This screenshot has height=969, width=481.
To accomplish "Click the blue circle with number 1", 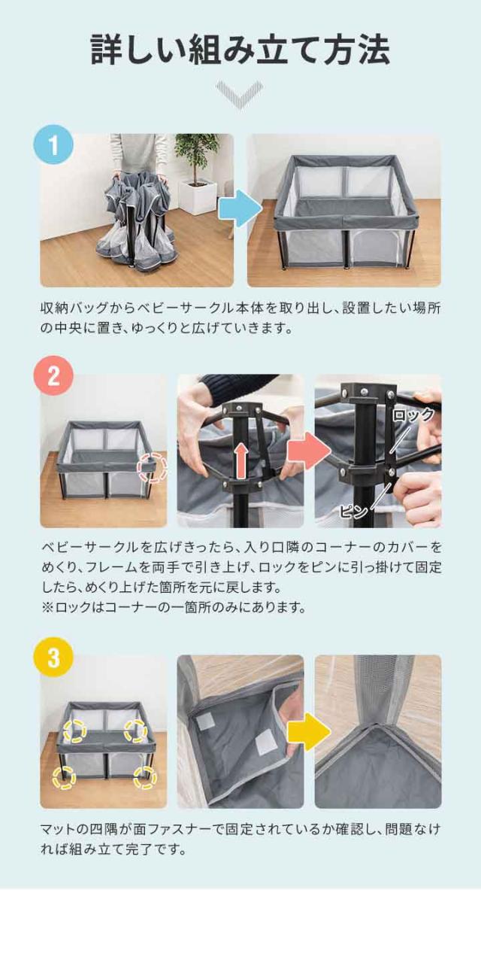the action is (x=53, y=145).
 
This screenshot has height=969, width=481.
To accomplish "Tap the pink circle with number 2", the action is (x=53, y=376).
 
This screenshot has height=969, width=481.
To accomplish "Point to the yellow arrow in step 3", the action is (x=310, y=731).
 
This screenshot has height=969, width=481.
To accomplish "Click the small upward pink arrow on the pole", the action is (x=241, y=463).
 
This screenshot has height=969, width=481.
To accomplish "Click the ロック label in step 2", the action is (x=413, y=415).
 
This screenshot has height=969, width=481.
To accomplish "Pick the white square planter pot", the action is (x=198, y=198).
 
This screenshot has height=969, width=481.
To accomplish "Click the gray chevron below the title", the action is (x=240, y=95).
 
